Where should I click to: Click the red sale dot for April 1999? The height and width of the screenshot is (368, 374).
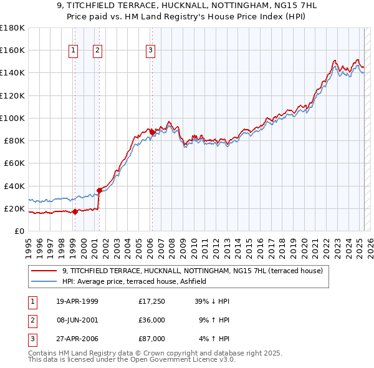click(x=75, y=211)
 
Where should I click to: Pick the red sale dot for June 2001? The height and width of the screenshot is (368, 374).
click(x=98, y=190)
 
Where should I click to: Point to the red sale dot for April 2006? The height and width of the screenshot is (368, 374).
click(x=151, y=132)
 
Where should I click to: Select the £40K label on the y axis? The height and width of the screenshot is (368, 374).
click(x=14, y=186)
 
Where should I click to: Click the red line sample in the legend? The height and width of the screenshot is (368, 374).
click(x=44, y=271)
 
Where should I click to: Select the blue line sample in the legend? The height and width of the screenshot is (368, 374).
click(x=44, y=282)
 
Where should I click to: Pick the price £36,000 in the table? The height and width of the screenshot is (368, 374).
click(x=151, y=320)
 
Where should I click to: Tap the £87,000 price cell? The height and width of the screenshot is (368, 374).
click(x=151, y=339)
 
